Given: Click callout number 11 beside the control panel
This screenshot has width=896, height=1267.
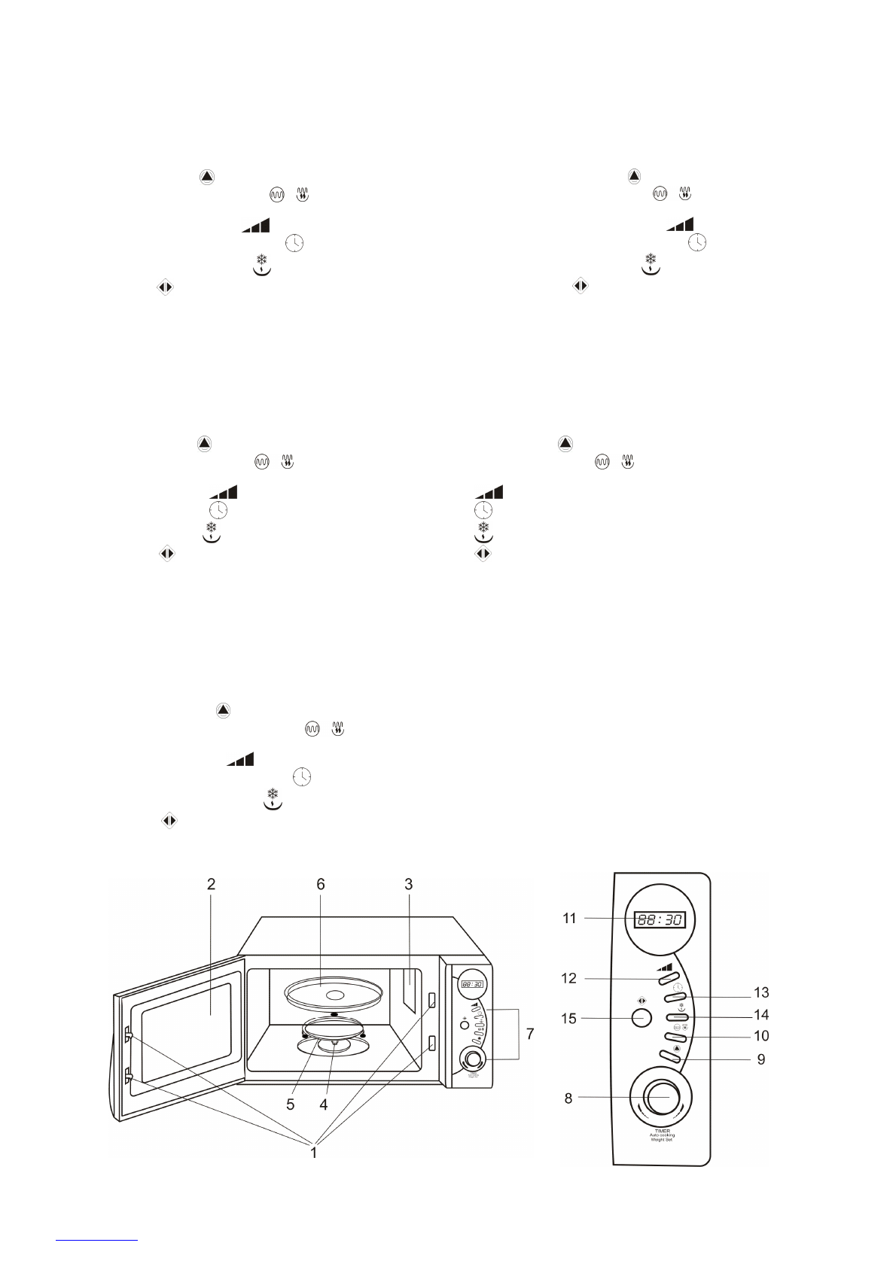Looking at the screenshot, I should pos(569,918).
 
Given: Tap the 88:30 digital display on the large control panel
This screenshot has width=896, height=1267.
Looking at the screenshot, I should pos(659,919).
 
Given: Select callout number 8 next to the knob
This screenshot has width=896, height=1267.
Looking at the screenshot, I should pos(568,1098).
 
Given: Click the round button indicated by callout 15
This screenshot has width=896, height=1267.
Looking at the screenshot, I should pos(641,1018).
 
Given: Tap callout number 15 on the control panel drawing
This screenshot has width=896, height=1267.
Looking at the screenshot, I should pos(568,1018).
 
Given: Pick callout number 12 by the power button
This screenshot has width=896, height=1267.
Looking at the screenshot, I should pos(568,978).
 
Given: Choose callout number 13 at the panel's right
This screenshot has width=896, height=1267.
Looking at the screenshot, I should pos(761,992).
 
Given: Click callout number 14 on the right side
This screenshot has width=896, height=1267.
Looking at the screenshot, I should pos(761,1014).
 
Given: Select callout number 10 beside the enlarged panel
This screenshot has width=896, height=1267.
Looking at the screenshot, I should pos(761,1036).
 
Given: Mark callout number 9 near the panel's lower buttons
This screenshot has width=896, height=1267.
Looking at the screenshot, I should pos(761,1059).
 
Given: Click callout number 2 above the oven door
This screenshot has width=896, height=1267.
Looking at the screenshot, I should pos(212,884).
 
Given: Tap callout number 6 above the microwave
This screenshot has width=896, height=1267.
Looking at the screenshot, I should pos(321,884).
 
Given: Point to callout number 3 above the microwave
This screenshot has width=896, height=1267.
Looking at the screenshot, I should pos(409,884).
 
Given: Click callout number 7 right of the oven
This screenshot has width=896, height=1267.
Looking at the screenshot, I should pos(530,1034).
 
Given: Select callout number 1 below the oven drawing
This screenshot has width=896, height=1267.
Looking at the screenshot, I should pos(314,1152).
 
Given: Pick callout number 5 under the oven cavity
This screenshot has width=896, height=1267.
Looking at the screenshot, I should pos(290,1104).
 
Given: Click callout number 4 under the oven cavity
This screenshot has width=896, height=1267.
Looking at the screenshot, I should pos(324,1104).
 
